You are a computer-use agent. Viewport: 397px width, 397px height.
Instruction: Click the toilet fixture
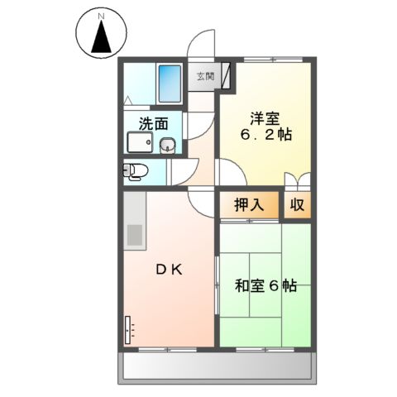[x=135, y=171]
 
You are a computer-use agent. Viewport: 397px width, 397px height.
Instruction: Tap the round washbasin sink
[x=166, y=146]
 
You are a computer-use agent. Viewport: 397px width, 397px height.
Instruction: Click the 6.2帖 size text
[x=265, y=135]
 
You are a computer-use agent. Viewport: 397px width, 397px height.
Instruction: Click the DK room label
[x=170, y=270]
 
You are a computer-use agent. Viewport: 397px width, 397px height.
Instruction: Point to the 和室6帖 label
[x=265, y=286]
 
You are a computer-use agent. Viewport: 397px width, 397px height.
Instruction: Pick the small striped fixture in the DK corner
[x=128, y=330]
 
